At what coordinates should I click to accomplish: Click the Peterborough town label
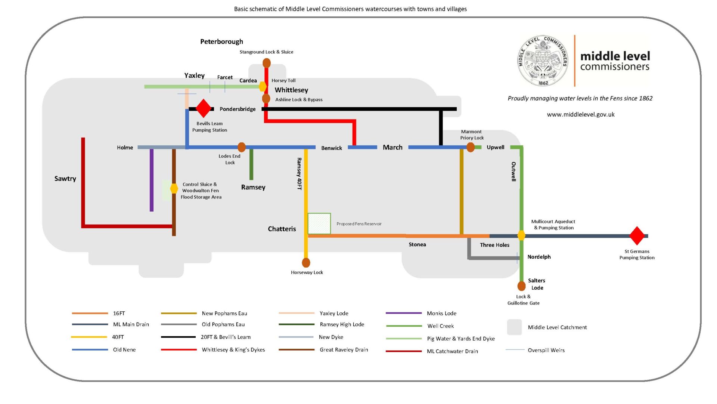coord(221,41)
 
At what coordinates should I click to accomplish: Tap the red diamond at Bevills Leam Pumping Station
coord(204,108)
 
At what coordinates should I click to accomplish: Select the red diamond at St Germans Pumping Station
coord(637,236)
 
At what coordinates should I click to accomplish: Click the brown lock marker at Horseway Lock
coord(306,263)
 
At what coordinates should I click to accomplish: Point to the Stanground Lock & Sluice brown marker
coord(267,63)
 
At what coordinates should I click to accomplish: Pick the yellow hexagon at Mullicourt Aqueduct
coord(521,235)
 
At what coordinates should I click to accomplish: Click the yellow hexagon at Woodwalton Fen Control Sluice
coord(174,188)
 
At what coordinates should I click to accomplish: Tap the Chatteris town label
coord(282,229)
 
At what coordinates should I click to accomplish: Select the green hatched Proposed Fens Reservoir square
coord(319,223)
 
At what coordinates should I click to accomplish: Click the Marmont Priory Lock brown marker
coord(471,147)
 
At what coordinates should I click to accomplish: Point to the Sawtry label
coord(65,179)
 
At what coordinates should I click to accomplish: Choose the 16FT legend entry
coord(99,313)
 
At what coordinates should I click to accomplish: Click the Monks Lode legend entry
coord(421,313)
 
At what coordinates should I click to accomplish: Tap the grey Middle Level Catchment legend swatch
coord(514,327)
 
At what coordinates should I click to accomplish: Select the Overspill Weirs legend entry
coord(535,350)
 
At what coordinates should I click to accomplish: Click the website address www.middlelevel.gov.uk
coord(581,114)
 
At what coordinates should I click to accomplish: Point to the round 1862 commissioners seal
coord(543,61)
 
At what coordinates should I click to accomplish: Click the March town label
coord(392,147)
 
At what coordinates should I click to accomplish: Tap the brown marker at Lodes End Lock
coord(242,147)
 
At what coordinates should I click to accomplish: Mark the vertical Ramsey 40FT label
coord(299,174)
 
